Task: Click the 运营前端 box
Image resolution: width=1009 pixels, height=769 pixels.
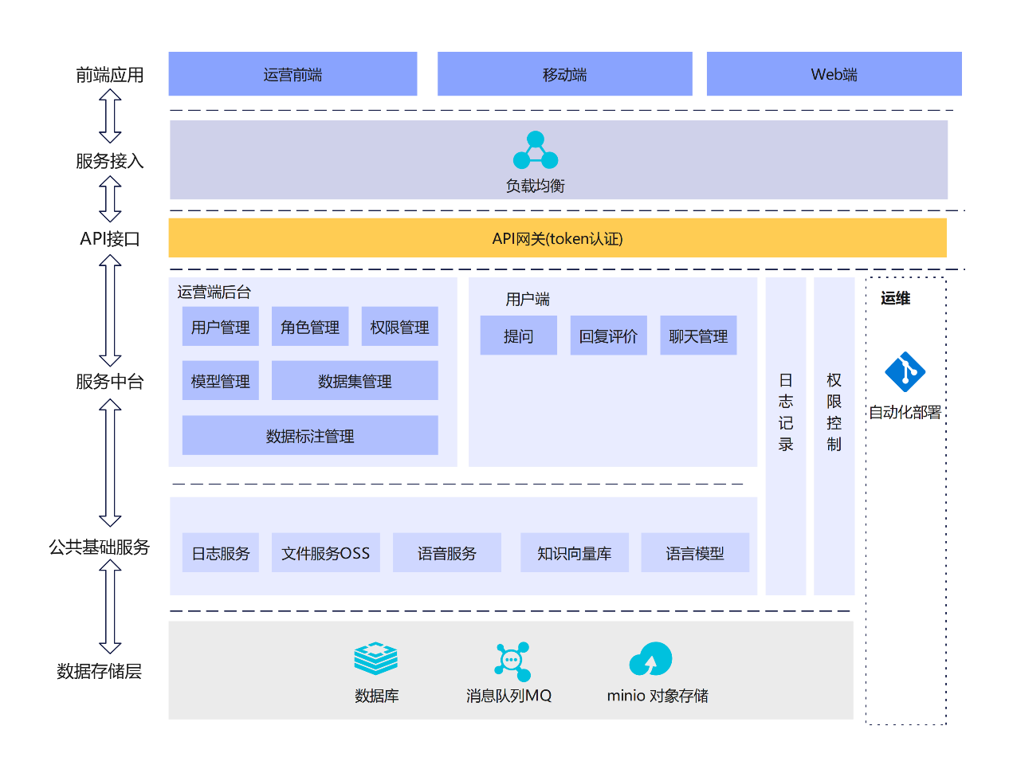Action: [292, 73]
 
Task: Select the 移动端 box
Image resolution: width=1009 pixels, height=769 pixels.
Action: [564, 73]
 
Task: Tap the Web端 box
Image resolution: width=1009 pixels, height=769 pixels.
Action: [834, 73]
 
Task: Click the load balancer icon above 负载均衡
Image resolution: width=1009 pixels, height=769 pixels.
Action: [535, 150]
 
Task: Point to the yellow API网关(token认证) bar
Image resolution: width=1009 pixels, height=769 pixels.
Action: [557, 237]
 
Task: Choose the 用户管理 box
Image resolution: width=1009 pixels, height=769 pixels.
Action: [220, 327]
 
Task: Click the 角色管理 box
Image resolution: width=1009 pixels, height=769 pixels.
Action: [310, 327]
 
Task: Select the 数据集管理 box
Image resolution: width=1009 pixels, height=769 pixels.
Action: [355, 380]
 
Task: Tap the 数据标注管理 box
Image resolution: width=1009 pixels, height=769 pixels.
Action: [310, 435]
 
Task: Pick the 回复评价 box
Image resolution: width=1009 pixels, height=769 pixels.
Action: [608, 335]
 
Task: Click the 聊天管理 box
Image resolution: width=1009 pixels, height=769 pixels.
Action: [698, 335]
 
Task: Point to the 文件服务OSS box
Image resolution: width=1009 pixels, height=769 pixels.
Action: [325, 552]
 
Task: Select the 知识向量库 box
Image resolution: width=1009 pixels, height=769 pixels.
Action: [574, 552]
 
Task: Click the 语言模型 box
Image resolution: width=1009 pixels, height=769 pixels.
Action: [695, 552]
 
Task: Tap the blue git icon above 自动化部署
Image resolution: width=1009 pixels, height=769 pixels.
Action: [905, 371]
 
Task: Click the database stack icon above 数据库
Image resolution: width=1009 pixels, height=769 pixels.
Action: [375, 657]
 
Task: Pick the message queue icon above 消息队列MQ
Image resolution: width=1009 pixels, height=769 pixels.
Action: [512, 661]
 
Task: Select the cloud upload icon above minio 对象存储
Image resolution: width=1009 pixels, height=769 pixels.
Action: [650, 658]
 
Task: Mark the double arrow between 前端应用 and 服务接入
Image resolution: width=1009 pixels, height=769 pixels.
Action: [110, 116]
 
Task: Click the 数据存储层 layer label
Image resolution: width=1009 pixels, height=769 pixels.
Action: [99, 671]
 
